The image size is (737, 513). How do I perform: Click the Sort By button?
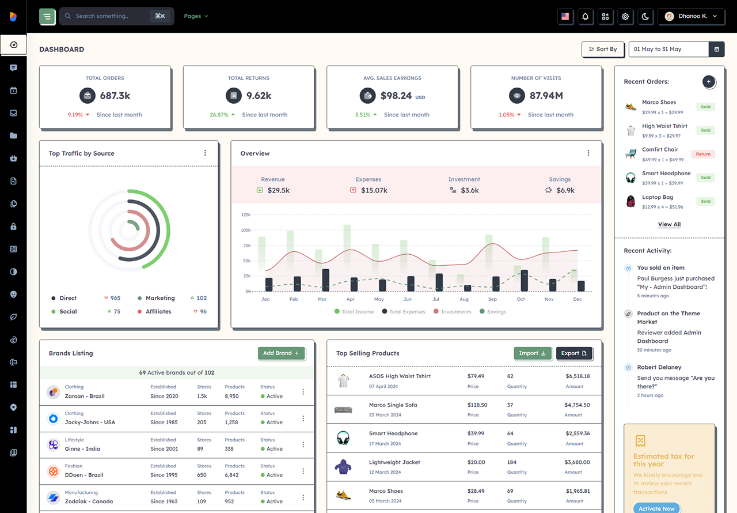[603, 49]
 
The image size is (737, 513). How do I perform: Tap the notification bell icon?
[585, 16]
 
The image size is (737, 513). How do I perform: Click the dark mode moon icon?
[645, 16]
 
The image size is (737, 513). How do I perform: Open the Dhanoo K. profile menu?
[691, 16]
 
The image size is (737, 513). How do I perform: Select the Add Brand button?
[282, 353]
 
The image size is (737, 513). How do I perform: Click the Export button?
[574, 353]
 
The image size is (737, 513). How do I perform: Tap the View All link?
[669, 224]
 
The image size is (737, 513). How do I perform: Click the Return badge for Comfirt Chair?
[703, 154]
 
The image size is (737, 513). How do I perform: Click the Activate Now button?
[657, 508]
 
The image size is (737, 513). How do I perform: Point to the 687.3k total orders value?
[115, 96]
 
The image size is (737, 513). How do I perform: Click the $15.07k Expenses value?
[374, 190]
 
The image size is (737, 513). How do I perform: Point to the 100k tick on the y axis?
[246, 230]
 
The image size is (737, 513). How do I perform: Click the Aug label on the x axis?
[464, 299]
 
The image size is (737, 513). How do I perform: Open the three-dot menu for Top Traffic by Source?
[205, 153]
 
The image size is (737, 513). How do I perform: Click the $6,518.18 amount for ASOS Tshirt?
[578, 376]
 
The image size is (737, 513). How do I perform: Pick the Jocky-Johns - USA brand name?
[90, 422]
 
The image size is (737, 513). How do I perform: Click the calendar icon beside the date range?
[717, 49]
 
